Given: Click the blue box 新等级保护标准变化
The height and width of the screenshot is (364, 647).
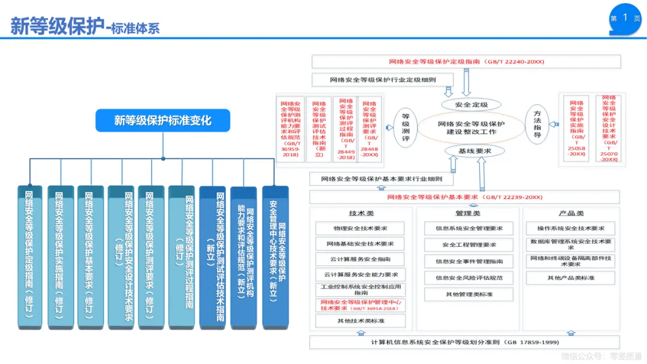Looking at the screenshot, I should point(162,120).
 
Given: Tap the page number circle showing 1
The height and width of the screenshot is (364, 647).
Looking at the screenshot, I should point(625,18).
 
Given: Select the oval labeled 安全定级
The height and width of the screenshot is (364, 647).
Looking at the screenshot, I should point(471,105).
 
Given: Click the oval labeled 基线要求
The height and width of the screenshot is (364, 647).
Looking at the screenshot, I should point(474,151).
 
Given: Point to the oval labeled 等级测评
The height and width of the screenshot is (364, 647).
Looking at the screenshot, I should point(405,128).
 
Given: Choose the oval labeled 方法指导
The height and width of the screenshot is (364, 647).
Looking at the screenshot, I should point(537,125).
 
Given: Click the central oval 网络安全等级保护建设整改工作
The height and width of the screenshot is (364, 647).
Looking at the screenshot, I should point(471,128).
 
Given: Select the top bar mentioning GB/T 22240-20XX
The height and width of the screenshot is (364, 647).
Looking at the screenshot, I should point(466,62).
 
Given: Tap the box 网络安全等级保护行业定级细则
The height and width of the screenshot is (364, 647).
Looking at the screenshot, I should point(382,80).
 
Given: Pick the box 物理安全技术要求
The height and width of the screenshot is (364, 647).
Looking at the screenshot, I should point(360,228).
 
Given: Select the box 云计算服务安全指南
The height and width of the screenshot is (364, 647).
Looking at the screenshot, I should point(360,259).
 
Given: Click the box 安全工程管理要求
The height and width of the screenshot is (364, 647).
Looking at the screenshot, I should point(469,245).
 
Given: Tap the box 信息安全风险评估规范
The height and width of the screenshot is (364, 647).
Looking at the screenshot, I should point(469,278).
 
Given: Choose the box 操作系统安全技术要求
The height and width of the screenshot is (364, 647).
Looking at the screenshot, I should point(570,228).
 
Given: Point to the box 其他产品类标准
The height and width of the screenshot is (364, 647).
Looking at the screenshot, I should point(570,278).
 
